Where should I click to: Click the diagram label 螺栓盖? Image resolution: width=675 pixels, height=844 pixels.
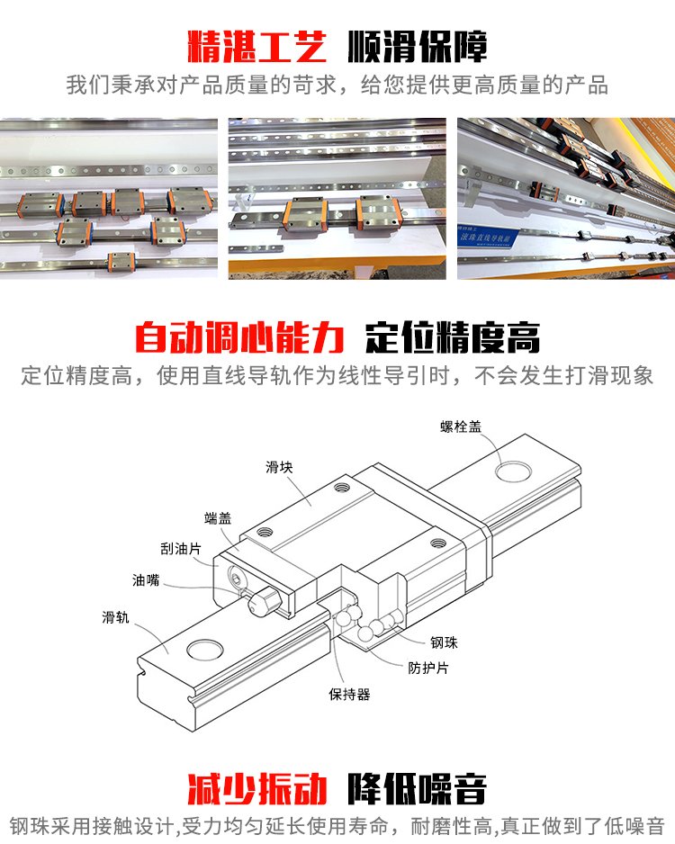pyautogui.click(x=460, y=426)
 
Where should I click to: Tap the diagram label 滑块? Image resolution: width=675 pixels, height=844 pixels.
pyautogui.click(x=279, y=467)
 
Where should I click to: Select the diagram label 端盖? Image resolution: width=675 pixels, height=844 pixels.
pyautogui.click(x=218, y=517)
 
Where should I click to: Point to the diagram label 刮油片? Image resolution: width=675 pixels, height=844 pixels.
pyautogui.click(x=180, y=549)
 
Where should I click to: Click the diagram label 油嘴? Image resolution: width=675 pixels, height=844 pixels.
pyautogui.click(x=146, y=579)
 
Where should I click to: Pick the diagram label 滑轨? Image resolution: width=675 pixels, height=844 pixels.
pyautogui.click(x=116, y=617)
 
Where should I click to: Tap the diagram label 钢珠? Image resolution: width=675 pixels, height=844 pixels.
pyautogui.click(x=444, y=642)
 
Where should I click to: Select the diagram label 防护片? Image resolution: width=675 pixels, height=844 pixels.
pyautogui.click(x=427, y=668)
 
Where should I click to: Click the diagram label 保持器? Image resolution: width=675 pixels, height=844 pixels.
pyautogui.click(x=349, y=694)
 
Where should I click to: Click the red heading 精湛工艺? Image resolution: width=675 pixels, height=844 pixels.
pyautogui.click(x=256, y=46)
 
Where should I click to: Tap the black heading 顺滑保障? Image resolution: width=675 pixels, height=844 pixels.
pyautogui.click(x=418, y=46)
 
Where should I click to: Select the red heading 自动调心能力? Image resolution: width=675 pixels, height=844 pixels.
pyautogui.click(x=239, y=337)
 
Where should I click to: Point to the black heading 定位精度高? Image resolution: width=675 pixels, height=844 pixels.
pyautogui.click(x=453, y=337)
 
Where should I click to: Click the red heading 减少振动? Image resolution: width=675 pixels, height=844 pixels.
pyautogui.click(x=256, y=788)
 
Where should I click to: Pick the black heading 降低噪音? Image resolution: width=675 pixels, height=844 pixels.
pyautogui.click(x=418, y=788)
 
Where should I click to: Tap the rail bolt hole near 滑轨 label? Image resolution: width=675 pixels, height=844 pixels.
pyautogui.click(x=205, y=650)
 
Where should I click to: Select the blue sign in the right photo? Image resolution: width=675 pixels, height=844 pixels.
pyautogui.click(x=489, y=238)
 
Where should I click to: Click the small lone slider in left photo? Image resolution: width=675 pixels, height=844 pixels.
pyautogui.click(x=119, y=262)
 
